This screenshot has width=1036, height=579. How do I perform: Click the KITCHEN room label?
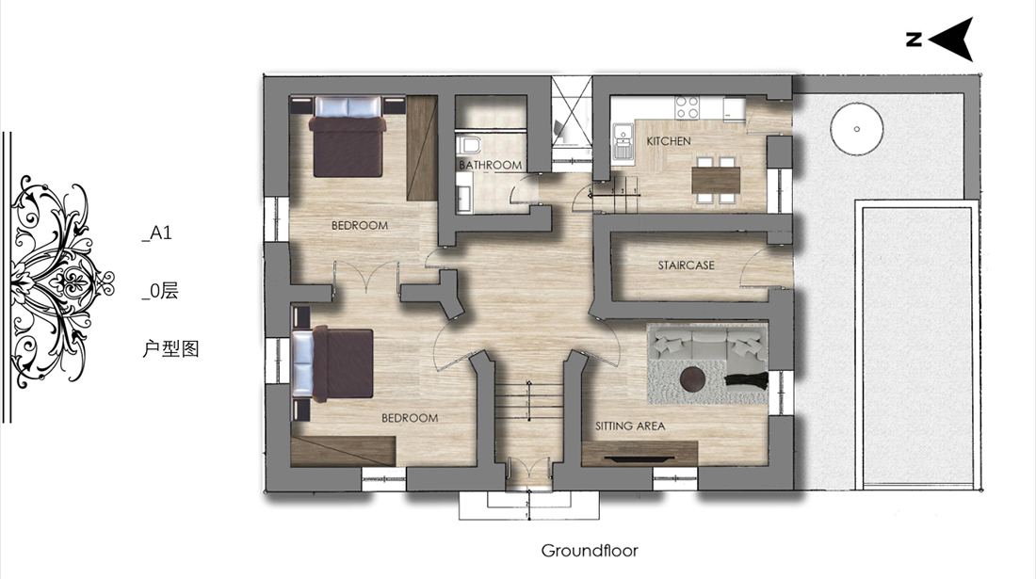(668, 141)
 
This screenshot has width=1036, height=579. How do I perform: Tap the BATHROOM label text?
(491, 165)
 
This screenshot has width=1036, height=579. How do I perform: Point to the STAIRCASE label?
(686, 265)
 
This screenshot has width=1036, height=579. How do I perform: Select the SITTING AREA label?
(630, 426)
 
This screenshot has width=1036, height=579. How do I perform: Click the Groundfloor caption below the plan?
(590, 551)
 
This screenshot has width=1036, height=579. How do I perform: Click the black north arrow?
(951, 40)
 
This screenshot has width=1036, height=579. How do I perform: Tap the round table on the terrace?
(856, 129)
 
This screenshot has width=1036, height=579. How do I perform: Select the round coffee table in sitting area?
(693, 381)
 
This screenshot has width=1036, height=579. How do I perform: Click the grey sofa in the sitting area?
(707, 345)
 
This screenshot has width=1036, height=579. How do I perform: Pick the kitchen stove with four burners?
(688, 107)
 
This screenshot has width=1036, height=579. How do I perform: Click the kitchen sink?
(623, 142)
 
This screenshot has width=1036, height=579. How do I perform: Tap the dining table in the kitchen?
(716, 180)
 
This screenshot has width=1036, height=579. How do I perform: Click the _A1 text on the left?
(156, 233)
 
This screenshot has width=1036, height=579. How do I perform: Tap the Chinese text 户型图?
(170, 348)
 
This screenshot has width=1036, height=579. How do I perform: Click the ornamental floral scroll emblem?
(61, 281)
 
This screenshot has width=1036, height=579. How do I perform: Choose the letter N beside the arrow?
(914, 40)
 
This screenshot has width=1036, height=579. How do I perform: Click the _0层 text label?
(160, 291)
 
